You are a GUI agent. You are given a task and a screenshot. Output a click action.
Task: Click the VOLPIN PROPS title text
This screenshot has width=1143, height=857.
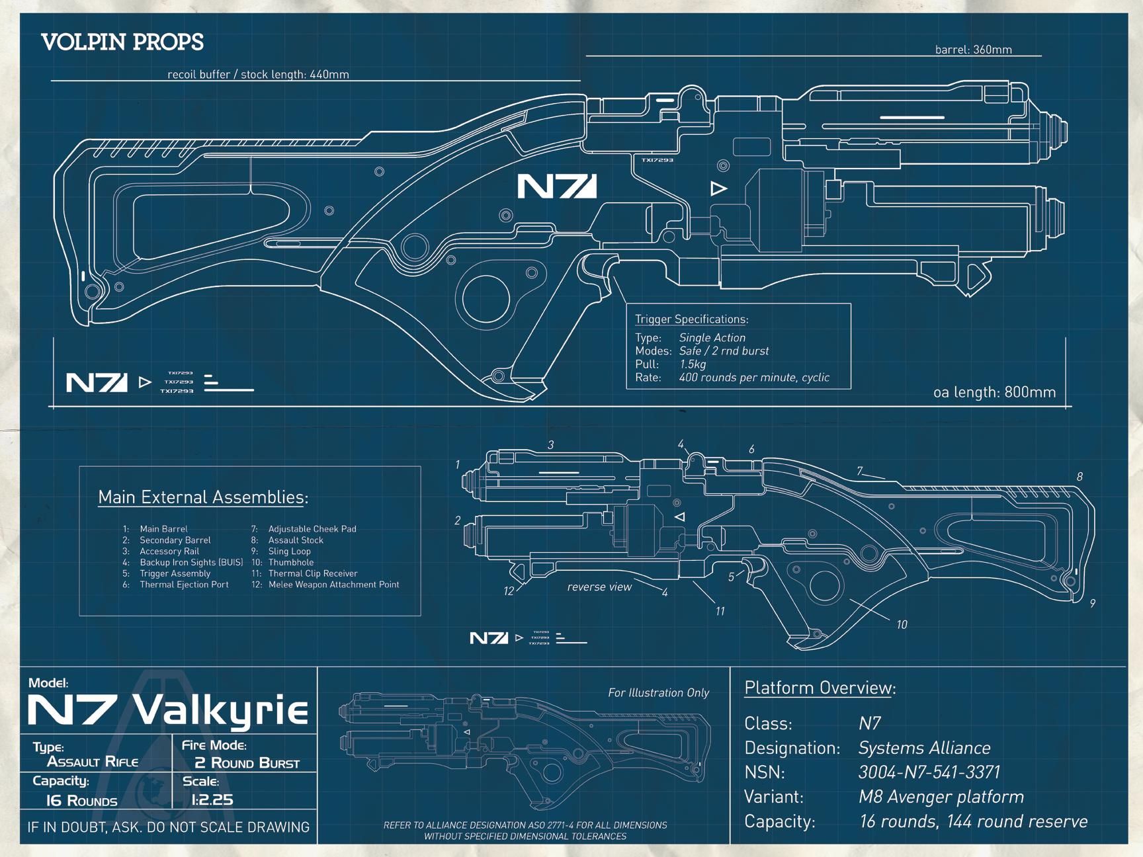pyautogui.click(x=122, y=42)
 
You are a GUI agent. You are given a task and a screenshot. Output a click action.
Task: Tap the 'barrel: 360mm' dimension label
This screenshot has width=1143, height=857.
pyautogui.click(x=973, y=50)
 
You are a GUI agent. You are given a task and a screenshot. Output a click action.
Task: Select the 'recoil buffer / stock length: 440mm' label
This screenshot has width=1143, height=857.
pyautogui.click(x=258, y=74)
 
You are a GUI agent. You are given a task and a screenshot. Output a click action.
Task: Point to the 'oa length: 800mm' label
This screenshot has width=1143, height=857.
pyautogui.click(x=994, y=392)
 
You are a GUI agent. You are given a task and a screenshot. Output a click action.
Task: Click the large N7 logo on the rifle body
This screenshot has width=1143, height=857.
pyautogui.click(x=556, y=186)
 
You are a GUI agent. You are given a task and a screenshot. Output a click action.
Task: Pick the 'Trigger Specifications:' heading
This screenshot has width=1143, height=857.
pyautogui.click(x=691, y=319)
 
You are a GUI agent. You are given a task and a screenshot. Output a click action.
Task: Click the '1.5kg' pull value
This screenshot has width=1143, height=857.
pyautogui.click(x=693, y=364)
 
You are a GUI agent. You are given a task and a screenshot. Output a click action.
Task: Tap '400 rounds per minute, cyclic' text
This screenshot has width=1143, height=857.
pyautogui.click(x=754, y=378)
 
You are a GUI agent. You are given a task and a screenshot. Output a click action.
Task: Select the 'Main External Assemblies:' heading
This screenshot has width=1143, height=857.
pyautogui.click(x=203, y=497)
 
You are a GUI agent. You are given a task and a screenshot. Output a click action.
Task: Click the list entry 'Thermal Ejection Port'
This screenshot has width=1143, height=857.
pyautogui.click(x=184, y=585)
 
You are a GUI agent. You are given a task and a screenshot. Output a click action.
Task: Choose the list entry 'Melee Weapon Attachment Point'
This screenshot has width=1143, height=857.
pyautogui.click(x=333, y=585)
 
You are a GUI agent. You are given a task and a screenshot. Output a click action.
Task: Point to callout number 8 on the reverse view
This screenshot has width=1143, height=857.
pyautogui.click(x=1079, y=477)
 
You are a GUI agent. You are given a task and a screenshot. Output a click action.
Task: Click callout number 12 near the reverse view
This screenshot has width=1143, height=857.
pyautogui.click(x=509, y=591)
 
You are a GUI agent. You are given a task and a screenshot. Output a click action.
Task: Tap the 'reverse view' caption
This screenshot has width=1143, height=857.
pyautogui.click(x=599, y=587)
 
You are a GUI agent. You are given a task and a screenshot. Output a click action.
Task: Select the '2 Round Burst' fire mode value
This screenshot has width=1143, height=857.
pyautogui.click(x=247, y=763)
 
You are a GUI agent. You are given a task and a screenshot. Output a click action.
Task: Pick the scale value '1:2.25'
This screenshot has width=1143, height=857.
pyautogui.click(x=212, y=800)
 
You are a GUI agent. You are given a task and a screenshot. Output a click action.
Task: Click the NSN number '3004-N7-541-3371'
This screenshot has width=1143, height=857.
pyautogui.click(x=929, y=772)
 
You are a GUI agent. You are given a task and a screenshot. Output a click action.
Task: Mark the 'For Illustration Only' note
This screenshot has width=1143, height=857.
pyautogui.click(x=658, y=693)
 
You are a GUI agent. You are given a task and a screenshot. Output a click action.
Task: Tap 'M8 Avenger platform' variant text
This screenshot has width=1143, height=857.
pyautogui.click(x=941, y=797)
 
